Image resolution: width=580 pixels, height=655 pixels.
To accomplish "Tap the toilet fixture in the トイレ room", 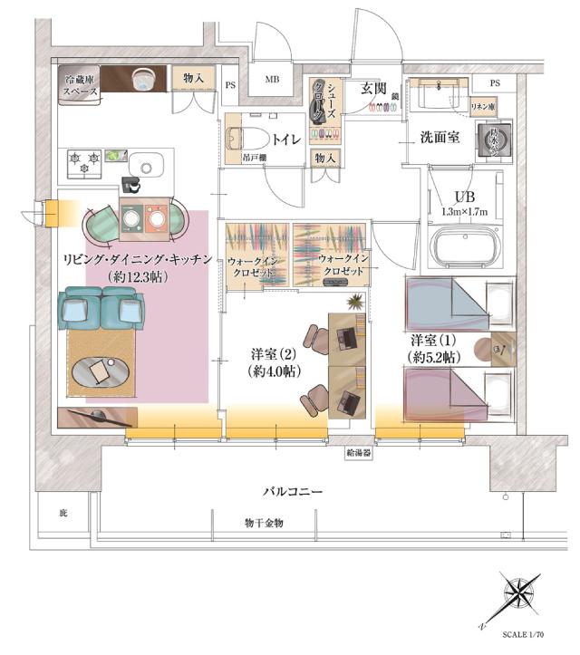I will (x=243, y=140).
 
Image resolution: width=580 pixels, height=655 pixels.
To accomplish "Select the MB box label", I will (x=272, y=80).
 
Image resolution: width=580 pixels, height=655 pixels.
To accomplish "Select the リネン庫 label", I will (x=484, y=106).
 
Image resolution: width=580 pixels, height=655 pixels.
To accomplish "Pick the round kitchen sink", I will (x=144, y=166).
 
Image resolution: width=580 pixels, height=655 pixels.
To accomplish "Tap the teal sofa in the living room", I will (x=101, y=310).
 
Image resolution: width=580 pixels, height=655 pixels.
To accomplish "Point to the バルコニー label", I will (x=294, y=492).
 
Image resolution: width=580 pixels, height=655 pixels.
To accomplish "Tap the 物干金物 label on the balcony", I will (x=264, y=524).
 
